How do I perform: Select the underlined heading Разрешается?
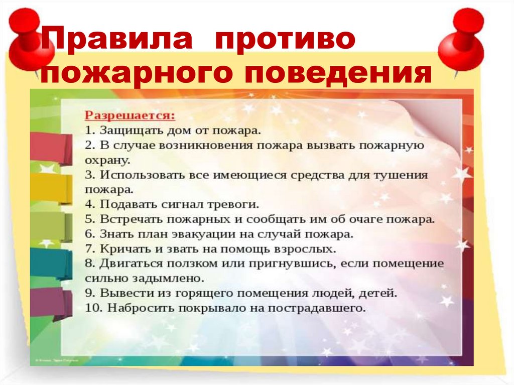[130, 116]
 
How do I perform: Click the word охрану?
[107, 160]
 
